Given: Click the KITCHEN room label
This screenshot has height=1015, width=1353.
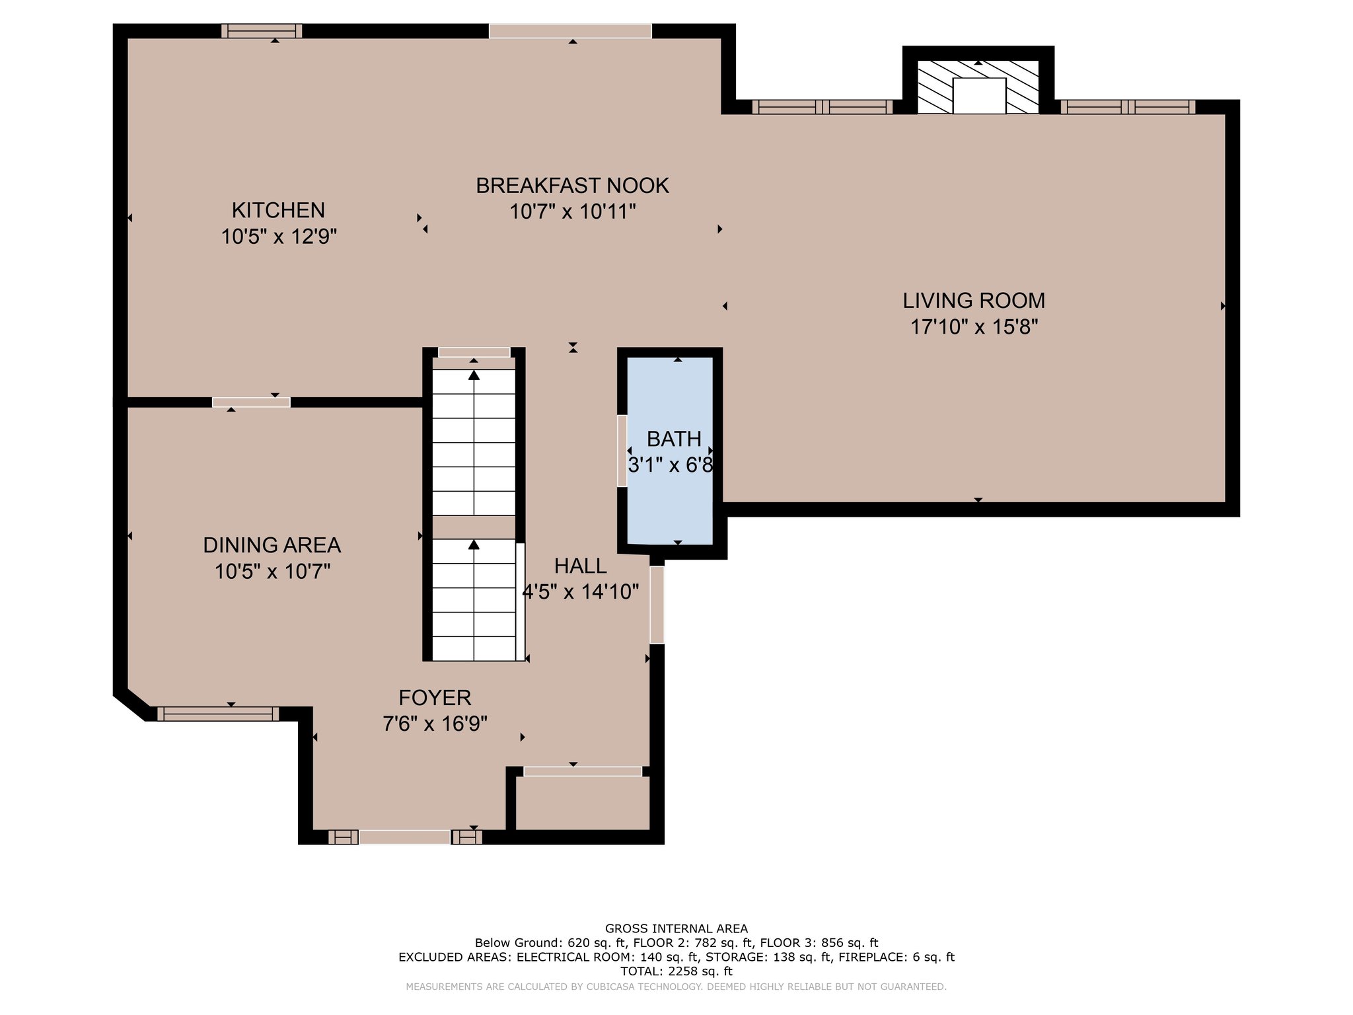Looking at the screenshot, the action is point(278,210).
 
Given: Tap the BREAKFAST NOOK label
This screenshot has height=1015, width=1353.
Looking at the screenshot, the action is point(572,186).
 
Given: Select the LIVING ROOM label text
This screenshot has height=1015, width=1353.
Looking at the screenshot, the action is point(974,301).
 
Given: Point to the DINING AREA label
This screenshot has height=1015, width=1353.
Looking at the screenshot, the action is point(272,545).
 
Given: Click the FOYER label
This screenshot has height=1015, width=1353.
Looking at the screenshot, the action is point(435,698).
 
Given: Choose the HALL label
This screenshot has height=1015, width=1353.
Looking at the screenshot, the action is point(580,566).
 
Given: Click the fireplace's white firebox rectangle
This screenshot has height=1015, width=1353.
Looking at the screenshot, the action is point(979,96).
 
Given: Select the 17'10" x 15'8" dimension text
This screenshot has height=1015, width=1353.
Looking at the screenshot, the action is point(974,327).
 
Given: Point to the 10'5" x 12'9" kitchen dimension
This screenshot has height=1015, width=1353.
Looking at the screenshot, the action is point(279,237).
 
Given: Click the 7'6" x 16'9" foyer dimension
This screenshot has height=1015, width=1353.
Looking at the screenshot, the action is point(435,724).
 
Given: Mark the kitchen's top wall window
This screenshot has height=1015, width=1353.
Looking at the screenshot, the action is point(262,31).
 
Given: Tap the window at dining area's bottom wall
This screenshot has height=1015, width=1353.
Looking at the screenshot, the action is point(218,714).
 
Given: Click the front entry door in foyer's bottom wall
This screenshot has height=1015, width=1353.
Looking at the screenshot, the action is point(404,837).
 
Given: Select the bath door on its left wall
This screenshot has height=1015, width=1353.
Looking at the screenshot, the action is point(622,451).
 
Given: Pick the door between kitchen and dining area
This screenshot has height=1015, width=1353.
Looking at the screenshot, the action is point(251,402).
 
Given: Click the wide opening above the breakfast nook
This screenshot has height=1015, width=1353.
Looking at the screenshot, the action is point(570,31).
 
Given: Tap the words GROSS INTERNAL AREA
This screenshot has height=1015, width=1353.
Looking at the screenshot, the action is point(676,928).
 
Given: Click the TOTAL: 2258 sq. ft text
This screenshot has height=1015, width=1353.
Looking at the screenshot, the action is point(676,971).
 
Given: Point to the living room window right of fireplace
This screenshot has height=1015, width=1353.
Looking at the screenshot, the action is point(1128,107).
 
